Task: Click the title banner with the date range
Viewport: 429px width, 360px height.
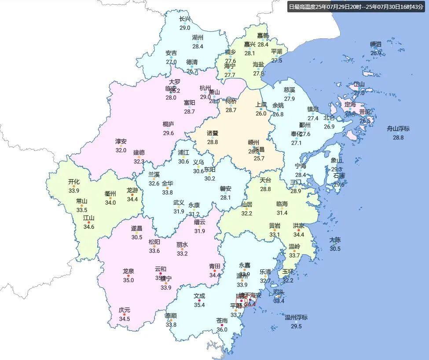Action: (356, 7)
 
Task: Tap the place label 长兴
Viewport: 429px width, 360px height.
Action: (185, 19)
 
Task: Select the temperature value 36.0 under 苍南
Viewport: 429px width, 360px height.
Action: (222, 330)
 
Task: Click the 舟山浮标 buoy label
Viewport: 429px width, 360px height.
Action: (398, 129)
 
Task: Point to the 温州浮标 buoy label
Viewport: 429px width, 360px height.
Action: (296, 317)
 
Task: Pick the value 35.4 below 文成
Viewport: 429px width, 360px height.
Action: (199, 305)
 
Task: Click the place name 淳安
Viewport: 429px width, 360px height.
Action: (121, 141)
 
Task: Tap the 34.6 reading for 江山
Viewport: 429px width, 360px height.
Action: (89, 227)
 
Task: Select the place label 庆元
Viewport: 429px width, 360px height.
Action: (125, 310)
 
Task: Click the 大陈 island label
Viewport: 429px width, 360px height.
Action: (335, 240)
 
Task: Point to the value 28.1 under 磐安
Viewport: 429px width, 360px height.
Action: (225, 198)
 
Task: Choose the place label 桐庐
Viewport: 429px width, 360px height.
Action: (169, 124)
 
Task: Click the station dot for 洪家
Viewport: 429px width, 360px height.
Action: (298, 230)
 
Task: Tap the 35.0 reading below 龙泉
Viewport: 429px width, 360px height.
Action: (128, 280)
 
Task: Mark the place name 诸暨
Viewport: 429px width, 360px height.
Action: (213, 133)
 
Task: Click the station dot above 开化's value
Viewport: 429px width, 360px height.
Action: (74, 186)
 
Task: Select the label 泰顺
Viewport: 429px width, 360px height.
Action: (171, 316)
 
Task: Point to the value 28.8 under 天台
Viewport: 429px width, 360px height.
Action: (265, 189)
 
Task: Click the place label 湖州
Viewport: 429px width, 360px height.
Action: (198, 37)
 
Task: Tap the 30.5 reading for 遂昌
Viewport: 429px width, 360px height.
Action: (136, 237)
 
